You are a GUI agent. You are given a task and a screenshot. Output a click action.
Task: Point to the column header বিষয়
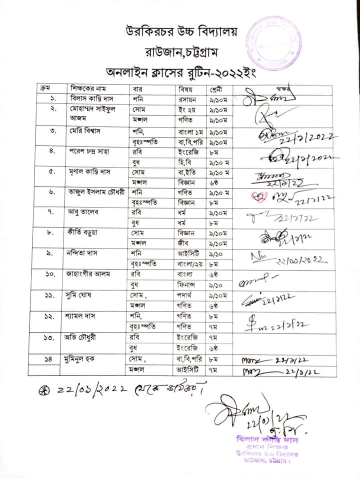pos(179,89)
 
